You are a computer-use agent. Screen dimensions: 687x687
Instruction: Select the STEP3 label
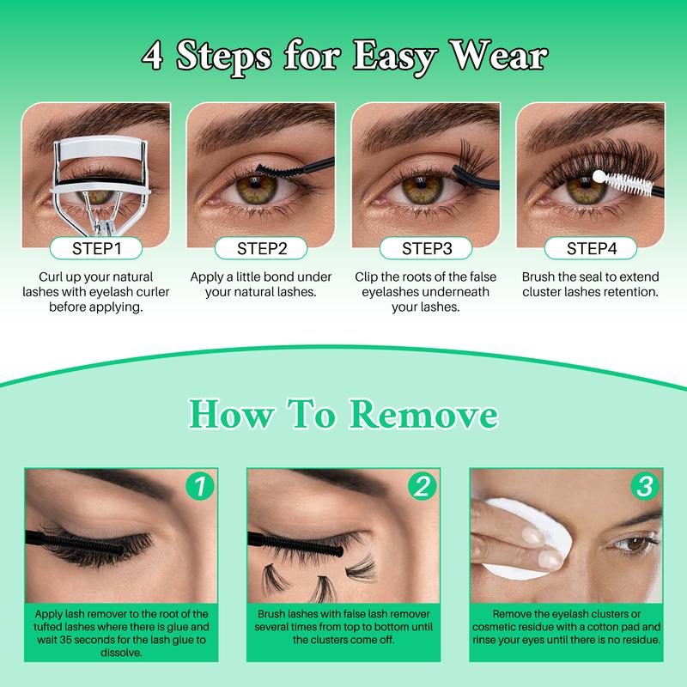[x=427, y=249]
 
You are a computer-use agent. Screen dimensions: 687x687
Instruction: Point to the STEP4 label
[x=591, y=249]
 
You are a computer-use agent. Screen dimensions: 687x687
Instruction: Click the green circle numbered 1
[x=199, y=488]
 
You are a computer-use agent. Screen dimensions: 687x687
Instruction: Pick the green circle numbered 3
[x=642, y=488]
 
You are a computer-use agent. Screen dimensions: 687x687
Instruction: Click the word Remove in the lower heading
[x=427, y=416]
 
